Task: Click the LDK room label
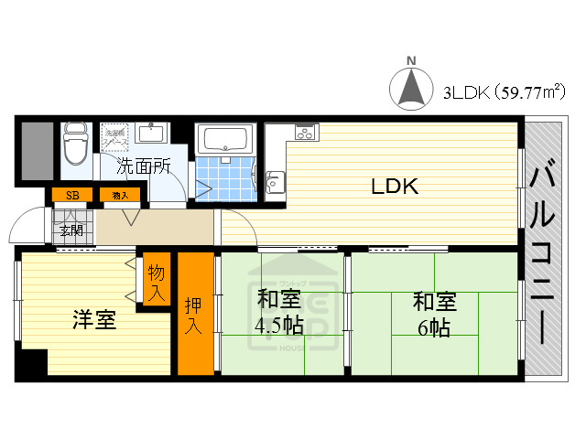tap(395, 187)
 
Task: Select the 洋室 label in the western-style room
tap(94, 320)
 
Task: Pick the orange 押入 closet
tap(194, 314)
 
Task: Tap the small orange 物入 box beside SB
tap(120, 195)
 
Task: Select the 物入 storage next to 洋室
tap(157, 284)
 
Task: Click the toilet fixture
tap(73, 145)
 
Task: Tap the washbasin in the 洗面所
tap(152, 134)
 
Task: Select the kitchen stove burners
tap(304, 132)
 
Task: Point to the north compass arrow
tap(411, 88)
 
